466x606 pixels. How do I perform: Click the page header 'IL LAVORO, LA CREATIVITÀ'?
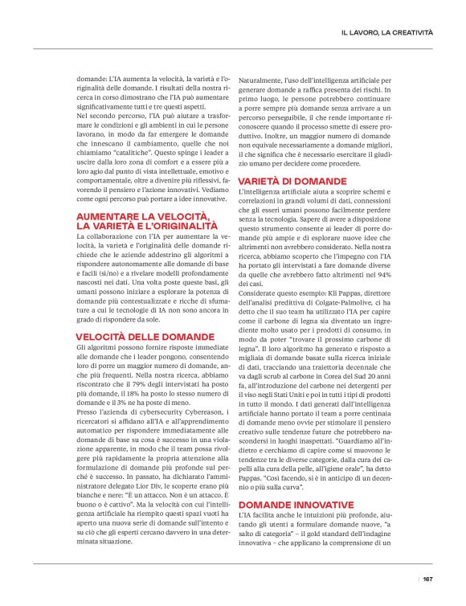[x=386, y=32]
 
